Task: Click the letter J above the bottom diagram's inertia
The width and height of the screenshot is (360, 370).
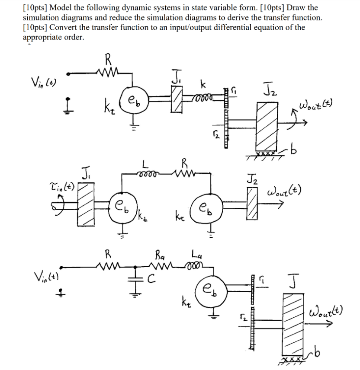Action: click(294, 281)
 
